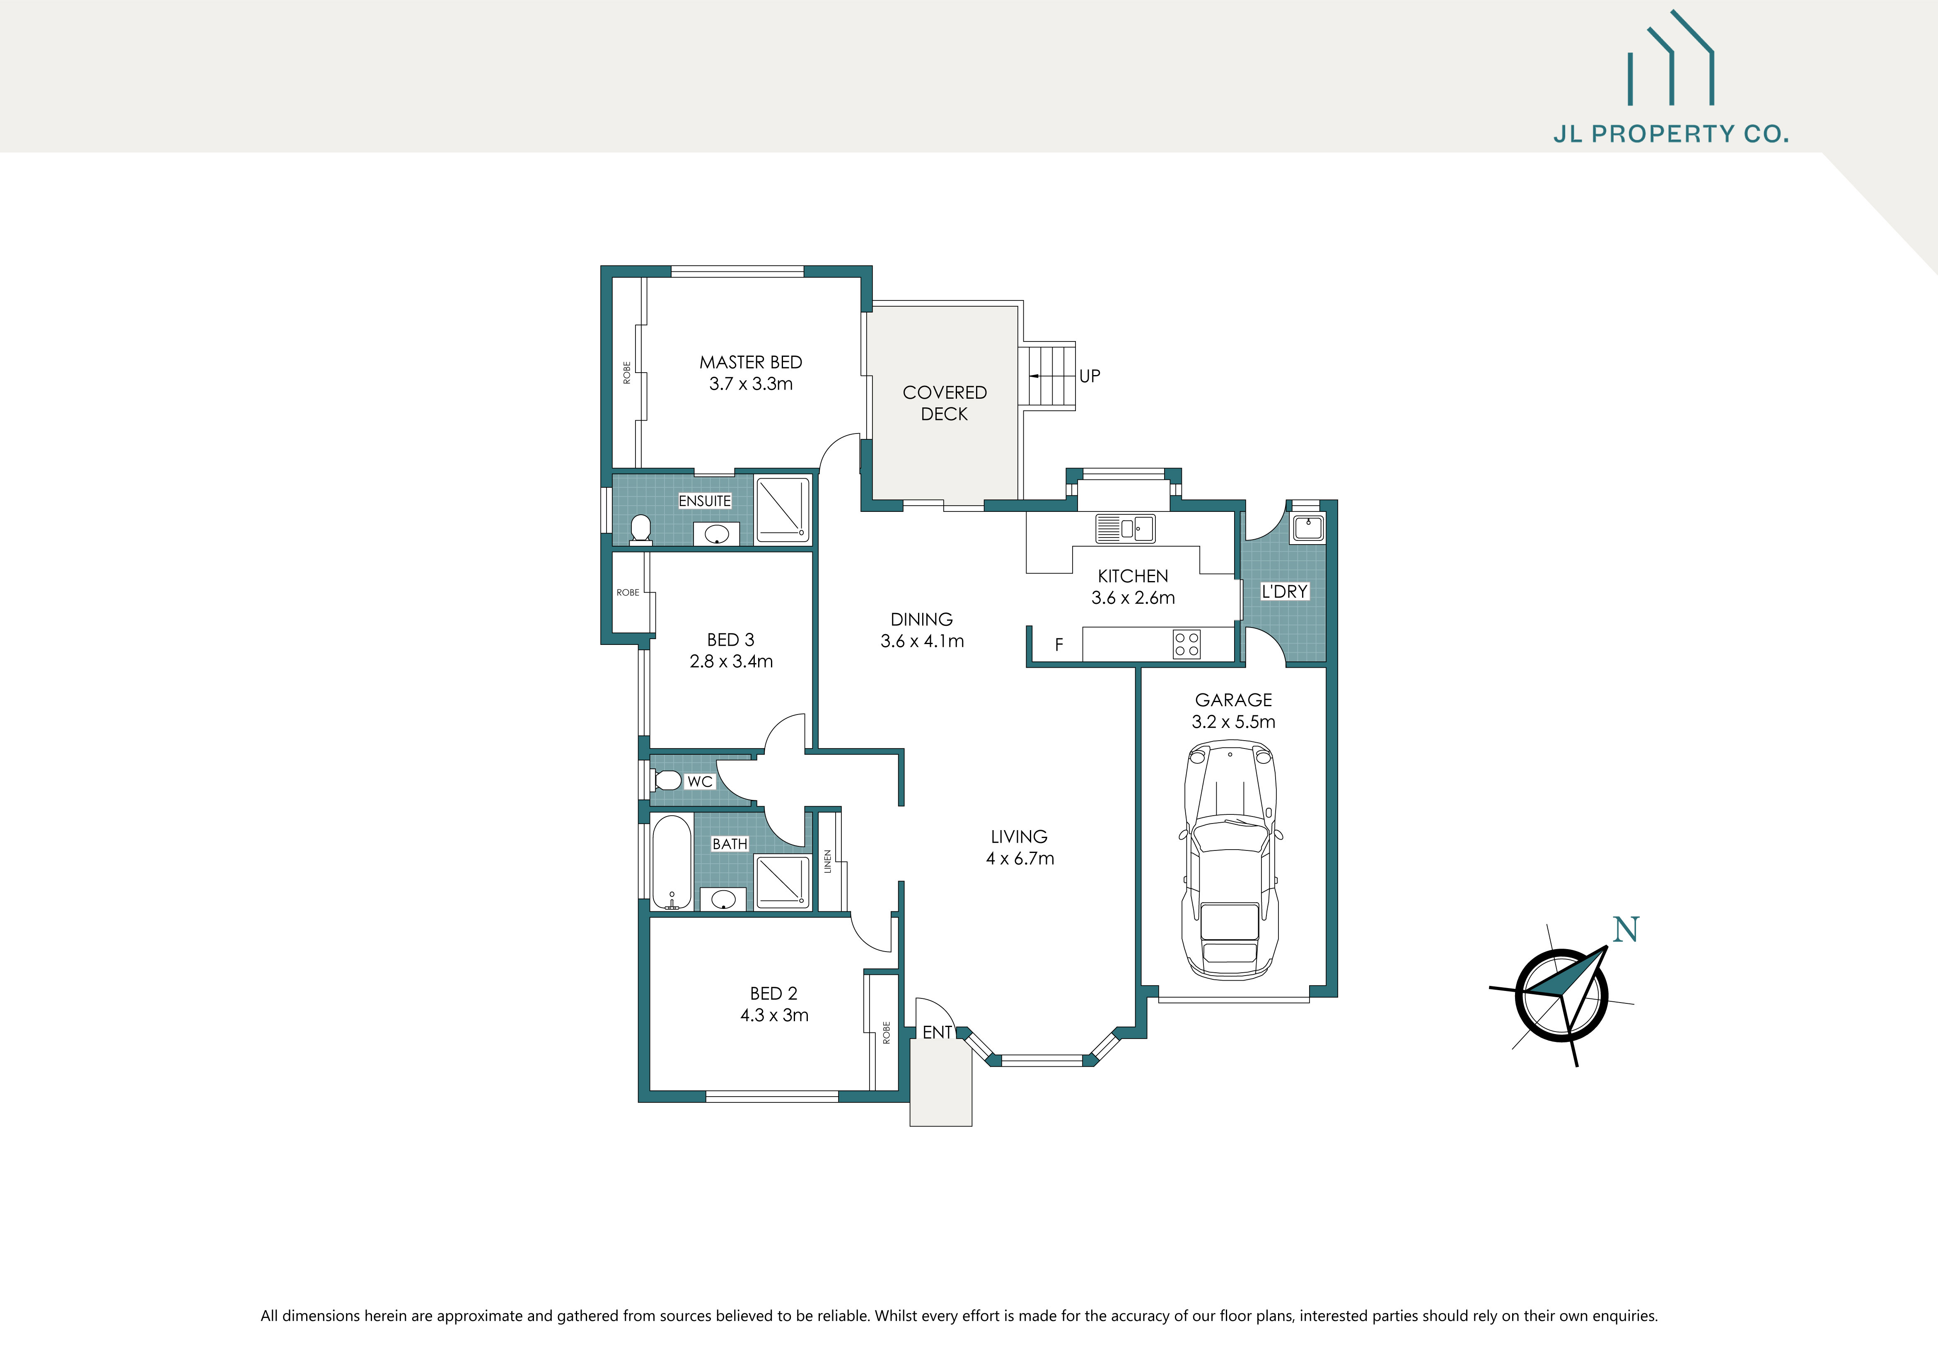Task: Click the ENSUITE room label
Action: [705, 501]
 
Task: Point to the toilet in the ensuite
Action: [640, 529]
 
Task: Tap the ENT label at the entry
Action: [937, 1032]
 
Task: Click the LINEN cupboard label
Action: [828, 861]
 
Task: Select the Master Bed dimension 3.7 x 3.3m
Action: [750, 384]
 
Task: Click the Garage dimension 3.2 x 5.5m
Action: [1233, 722]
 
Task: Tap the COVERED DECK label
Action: [945, 403]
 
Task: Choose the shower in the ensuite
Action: [782, 509]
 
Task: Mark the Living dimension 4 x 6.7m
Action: [1020, 859]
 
